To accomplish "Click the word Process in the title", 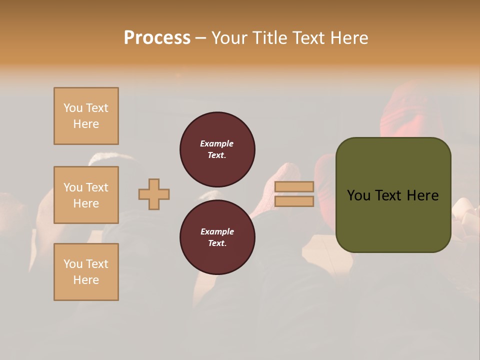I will click(x=157, y=37).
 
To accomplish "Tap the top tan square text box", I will click(x=86, y=116).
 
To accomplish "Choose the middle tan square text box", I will click(x=86, y=195).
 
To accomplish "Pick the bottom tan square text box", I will click(x=86, y=272).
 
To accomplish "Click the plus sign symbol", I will click(x=154, y=194).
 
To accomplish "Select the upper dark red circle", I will click(x=217, y=149).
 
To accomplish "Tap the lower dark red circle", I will click(x=217, y=237).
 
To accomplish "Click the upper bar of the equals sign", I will click(x=294, y=187).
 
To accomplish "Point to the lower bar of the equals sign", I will click(x=294, y=201).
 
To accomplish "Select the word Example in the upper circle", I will click(x=217, y=143).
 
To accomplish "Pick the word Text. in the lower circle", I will click(x=217, y=243).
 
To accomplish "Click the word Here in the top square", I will click(x=86, y=124).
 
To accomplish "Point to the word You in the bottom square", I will click(x=73, y=264).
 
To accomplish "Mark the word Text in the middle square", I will click(x=96, y=187).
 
